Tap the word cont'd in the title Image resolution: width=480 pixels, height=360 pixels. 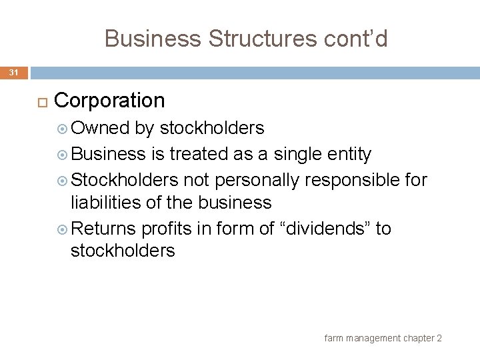click(354, 39)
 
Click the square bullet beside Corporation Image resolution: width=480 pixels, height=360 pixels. click(41, 101)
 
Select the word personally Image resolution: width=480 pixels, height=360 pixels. click(260, 181)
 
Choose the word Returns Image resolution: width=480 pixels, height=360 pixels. click(103, 229)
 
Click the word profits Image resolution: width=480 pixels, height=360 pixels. click(167, 229)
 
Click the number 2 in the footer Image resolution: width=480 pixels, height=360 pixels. click(439, 339)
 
